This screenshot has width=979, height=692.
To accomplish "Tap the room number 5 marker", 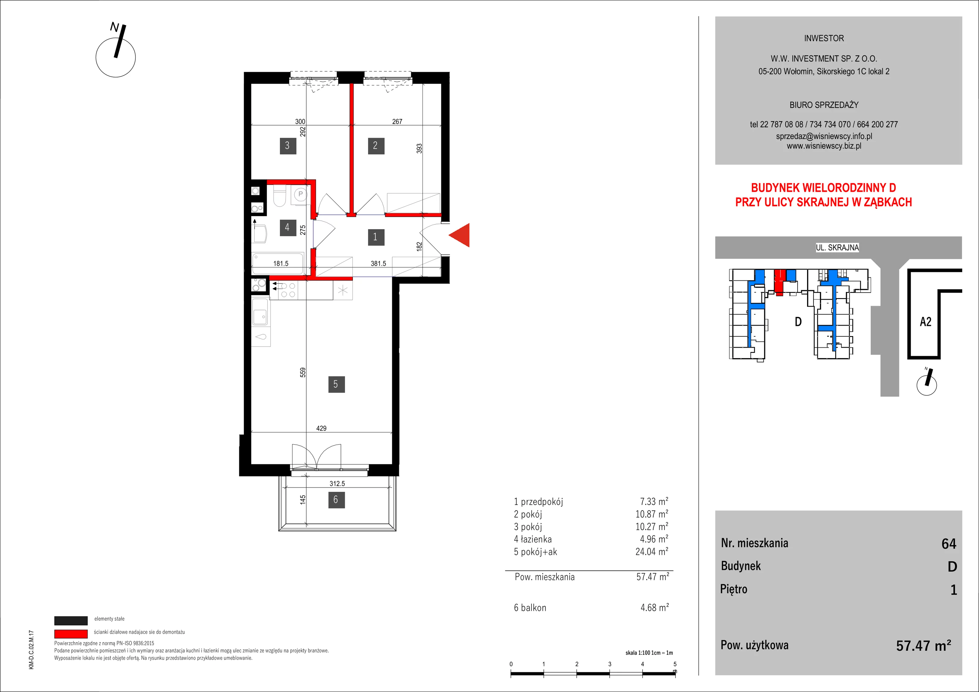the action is point(336,384).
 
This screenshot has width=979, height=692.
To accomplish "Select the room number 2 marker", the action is point(376,145).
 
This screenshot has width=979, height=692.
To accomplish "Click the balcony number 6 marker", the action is point(336,499).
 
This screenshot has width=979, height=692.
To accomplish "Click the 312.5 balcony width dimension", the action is point(337,483).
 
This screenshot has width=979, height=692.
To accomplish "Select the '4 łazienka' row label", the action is point(533,539).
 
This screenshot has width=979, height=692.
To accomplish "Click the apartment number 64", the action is point(949,544).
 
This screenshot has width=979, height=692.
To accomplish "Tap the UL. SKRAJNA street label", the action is point(837,247).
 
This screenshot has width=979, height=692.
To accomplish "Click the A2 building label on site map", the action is point(926,322).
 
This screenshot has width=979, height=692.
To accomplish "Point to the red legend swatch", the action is point(71,634).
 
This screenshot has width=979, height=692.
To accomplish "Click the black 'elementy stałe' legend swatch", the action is point(71,620).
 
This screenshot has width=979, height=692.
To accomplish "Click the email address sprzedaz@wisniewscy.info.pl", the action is point(824,136).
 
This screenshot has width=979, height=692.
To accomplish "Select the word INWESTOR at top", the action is point(824,38).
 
